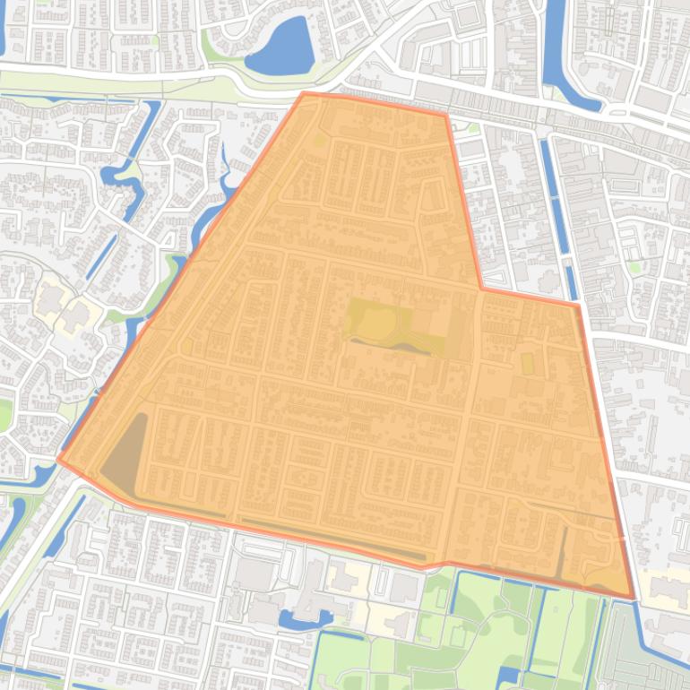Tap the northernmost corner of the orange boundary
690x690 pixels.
coord(304,92)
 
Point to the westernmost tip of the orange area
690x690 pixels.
coord(59,460)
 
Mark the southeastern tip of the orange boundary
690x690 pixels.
coord(633,598)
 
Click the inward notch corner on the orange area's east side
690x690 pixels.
coord(482,289)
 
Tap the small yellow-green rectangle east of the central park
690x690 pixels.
coord(527,363)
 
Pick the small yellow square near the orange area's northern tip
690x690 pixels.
coord(319,140)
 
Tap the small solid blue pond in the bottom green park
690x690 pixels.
coord(507,677)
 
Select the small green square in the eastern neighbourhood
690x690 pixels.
coord(635,266)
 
